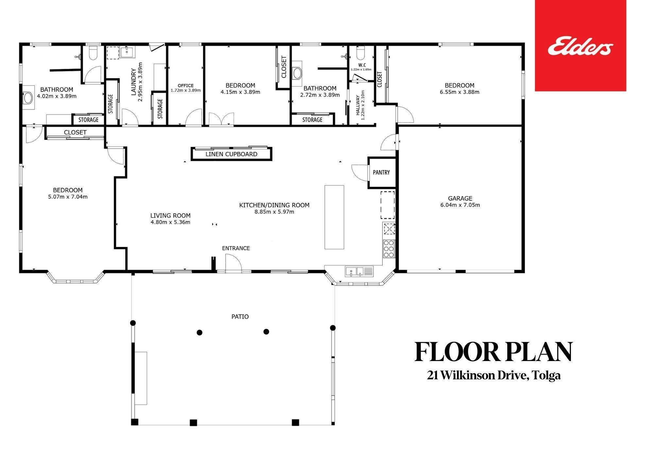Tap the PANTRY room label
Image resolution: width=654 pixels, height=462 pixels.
click(x=381, y=172)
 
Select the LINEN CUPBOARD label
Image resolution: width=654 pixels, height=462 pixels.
click(x=232, y=154)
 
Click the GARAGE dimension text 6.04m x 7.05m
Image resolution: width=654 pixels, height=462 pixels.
click(x=460, y=205)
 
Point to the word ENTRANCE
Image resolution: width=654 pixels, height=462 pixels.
click(x=236, y=248)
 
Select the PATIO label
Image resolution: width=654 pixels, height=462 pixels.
click(x=240, y=317)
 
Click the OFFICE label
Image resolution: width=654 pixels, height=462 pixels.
click(x=186, y=86)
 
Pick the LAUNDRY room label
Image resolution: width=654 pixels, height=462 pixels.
click(x=133, y=82)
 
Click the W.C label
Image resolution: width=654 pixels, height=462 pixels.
click(x=362, y=65)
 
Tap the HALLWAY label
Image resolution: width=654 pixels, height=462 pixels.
click(x=357, y=105)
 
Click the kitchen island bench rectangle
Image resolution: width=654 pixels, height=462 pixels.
click(x=334, y=217)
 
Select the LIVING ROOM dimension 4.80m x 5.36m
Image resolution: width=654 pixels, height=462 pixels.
click(x=170, y=223)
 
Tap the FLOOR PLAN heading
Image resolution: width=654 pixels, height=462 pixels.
click(x=493, y=352)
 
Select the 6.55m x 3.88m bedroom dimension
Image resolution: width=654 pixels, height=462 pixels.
click(x=459, y=92)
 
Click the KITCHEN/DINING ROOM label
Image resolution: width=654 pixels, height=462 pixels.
click(x=274, y=205)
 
